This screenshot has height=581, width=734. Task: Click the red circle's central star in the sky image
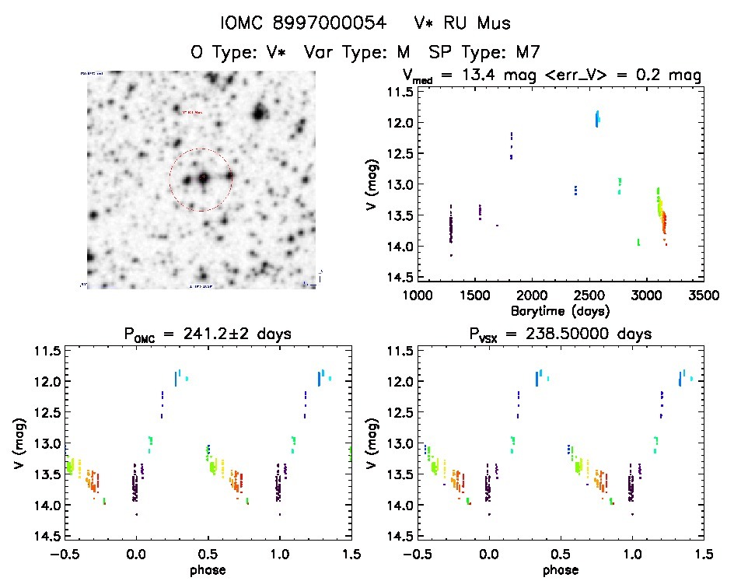(201, 179)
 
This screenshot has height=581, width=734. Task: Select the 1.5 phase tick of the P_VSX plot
(703, 554)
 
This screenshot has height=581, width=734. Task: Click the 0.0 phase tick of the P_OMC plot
(136, 554)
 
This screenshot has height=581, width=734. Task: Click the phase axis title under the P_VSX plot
(560, 569)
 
